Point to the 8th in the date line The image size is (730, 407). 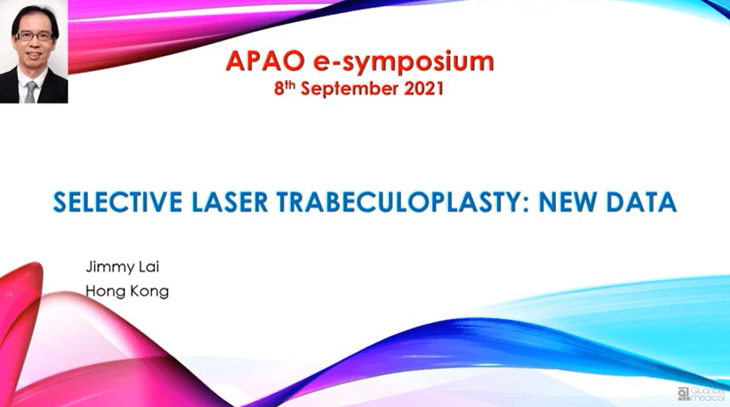click(284, 88)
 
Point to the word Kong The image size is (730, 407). click(149, 291)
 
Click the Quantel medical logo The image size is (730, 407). click(700, 394)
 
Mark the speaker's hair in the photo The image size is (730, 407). click(34, 15)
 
